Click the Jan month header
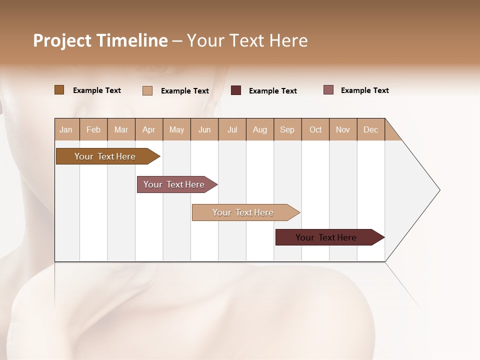tap(66, 129)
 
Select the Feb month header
tap(93, 129)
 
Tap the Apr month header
tap(148, 129)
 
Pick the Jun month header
tap(204, 129)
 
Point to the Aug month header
tap(259, 129)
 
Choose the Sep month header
tap(287, 129)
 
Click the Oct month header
tap(315, 129)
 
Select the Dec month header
tap(370, 129)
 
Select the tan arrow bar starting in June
tap(243, 212)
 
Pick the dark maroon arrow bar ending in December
tap(326, 237)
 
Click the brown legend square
tap(59, 90)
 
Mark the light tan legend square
tap(147, 90)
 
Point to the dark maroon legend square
tap(236, 90)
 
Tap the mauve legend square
tap(328, 90)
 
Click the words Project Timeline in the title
tap(100, 40)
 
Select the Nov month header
tap(343, 129)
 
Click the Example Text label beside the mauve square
tap(364, 90)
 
